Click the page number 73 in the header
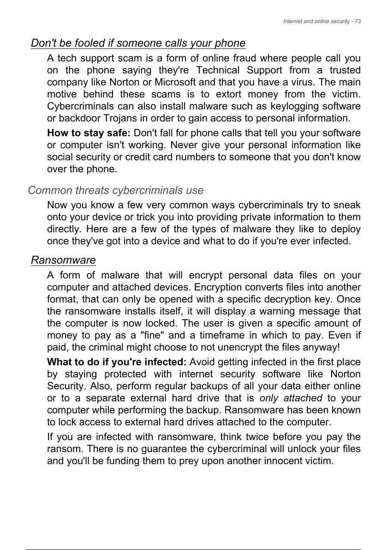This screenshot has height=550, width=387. point(357,22)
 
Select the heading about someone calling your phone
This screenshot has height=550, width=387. point(138,43)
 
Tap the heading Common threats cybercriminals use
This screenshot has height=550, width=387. point(116,190)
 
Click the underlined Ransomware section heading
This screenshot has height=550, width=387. point(63,260)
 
